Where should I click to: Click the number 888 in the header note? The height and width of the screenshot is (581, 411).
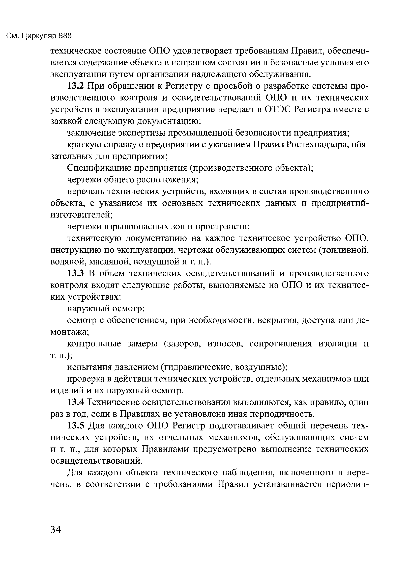pyautogui.click(x=65, y=36)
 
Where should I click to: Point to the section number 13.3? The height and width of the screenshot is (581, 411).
pyautogui.click(x=75, y=274)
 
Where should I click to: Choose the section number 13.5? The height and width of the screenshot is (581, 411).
pyautogui.click(x=75, y=426)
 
